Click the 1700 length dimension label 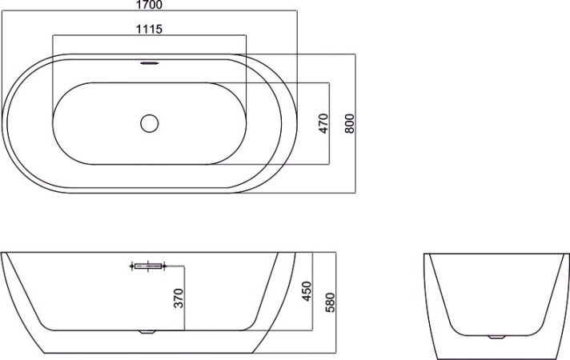[x=150, y=5]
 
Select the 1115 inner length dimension [x=150, y=29]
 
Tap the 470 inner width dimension [x=323, y=123]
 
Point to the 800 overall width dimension [x=349, y=123]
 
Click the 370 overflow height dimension [x=179, y=298]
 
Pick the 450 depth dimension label [x=307, y=291]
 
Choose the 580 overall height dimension [x=330, y=302]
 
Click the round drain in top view [x=150, y=123]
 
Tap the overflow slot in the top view [x=150, y=63]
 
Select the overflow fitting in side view [x=148, y=266]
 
